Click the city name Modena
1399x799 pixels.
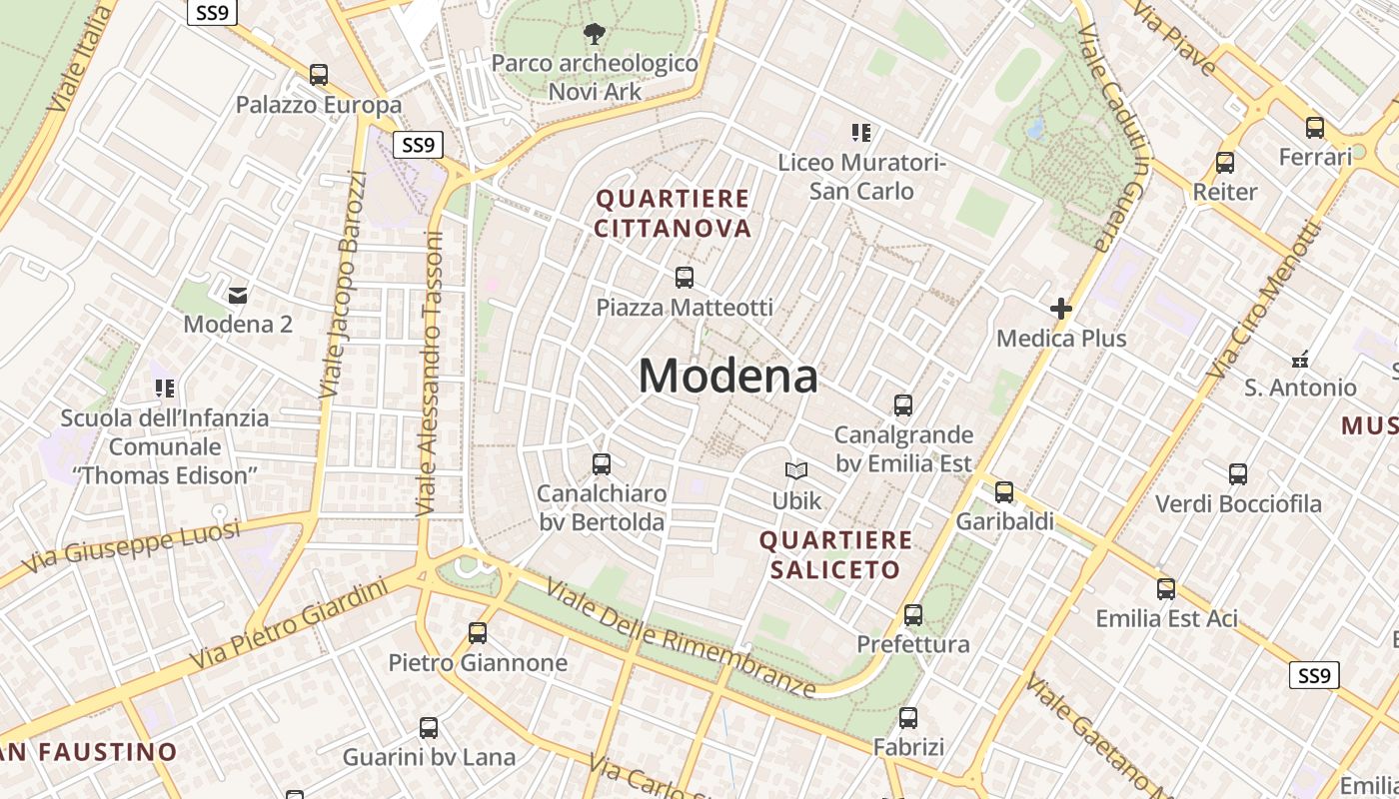pyautogui.click(x=727, y=377)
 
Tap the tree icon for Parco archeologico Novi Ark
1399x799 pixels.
pyautogui.click(x=594, y=34)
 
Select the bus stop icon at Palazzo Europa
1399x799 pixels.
pyautogui.click(x=319, y=75)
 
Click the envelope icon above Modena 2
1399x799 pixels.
pyautogui.click(x=238, y=295)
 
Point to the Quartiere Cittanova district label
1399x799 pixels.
pyautogui.click(x=673, y=214)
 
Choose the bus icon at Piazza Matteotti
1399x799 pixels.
pyautogui.click(x=685, y=278)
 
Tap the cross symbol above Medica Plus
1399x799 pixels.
pyautogui.click(x=1061, y=309)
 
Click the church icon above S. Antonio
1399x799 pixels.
pyautogui.click(x=1300, y=359)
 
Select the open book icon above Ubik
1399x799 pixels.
pyautogui.click(x=796, y=470)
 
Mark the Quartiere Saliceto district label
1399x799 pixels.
pyautogui.click(x=835, y=555)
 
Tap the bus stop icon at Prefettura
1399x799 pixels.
pyautogui.click(x=913, y=615)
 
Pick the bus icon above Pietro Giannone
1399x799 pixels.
pyautogui.click(x=478, y=633)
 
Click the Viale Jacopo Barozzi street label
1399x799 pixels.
pyautogui.click(x=343, y=285)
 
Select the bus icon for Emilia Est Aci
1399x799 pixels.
pyautogui.click(x=1166, y=589)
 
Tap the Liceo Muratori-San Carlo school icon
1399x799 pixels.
pyautogui.click(x=860, y=132)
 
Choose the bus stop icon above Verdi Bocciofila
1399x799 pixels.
pyautogui.click(x=1238, y=474)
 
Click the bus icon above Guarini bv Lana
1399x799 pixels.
pyautogui.click(x=429, y=728)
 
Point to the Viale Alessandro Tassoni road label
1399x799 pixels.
pyautogui.click(x=429, y=375)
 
